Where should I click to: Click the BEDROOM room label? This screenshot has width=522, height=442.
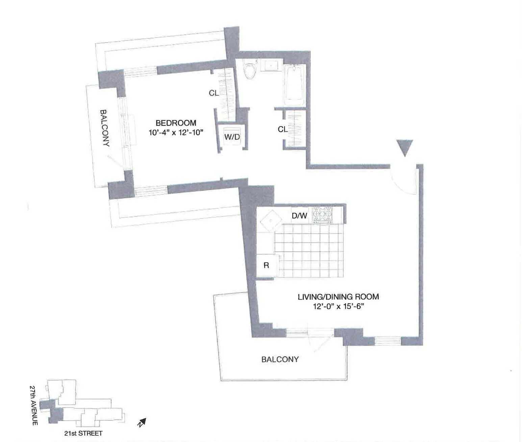pyautogui.click(x=176, y=123)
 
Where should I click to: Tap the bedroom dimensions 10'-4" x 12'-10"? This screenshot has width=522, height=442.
pyautogui.click(x=176, y=132)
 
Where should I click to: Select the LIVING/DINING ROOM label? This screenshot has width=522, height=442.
pyautogui.click(x=338, y=297)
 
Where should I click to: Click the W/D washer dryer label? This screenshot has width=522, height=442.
pyautogui.click(x=232, y=137)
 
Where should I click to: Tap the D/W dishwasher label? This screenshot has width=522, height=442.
pyautogui.click(x=299, y=215)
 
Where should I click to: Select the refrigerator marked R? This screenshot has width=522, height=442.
pyautogui.click(x=266, y=265)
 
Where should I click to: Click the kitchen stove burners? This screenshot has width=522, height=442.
pyautogui.click(x=322, y=215)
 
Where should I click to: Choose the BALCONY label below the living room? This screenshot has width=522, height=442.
pyautogui.click(x=280, y=359)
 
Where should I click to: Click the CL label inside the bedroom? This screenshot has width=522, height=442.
pyautogui.click(x=214, y=93)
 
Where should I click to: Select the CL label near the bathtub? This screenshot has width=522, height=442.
pyautogui.click(x=282, y=129)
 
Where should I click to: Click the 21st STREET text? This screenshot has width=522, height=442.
pyautogui.click(x=83, y=433)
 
